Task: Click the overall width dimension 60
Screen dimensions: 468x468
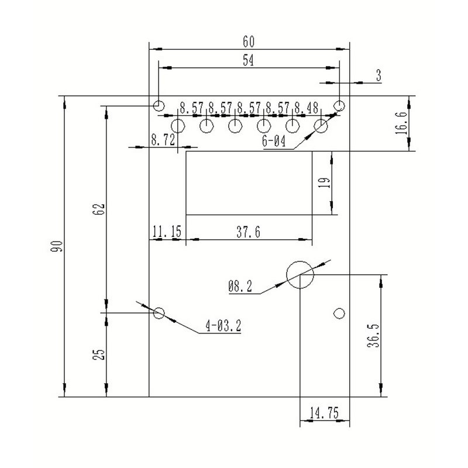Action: coord(249,42)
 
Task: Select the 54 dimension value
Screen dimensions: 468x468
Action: coord(248,60)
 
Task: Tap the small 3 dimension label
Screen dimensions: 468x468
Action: coord(378,75)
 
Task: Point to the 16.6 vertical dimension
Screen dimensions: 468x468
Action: coord(401,123)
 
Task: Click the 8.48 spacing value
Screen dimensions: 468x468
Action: coord(307,108)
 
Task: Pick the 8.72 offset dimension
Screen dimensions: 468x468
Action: coord(163,140)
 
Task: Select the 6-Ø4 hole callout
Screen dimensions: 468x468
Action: coord(274,141)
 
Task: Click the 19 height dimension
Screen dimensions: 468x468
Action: coord(325,183)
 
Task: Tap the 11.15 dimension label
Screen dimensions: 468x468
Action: coord(167,231)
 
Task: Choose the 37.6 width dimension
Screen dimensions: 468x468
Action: coord(248,232)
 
